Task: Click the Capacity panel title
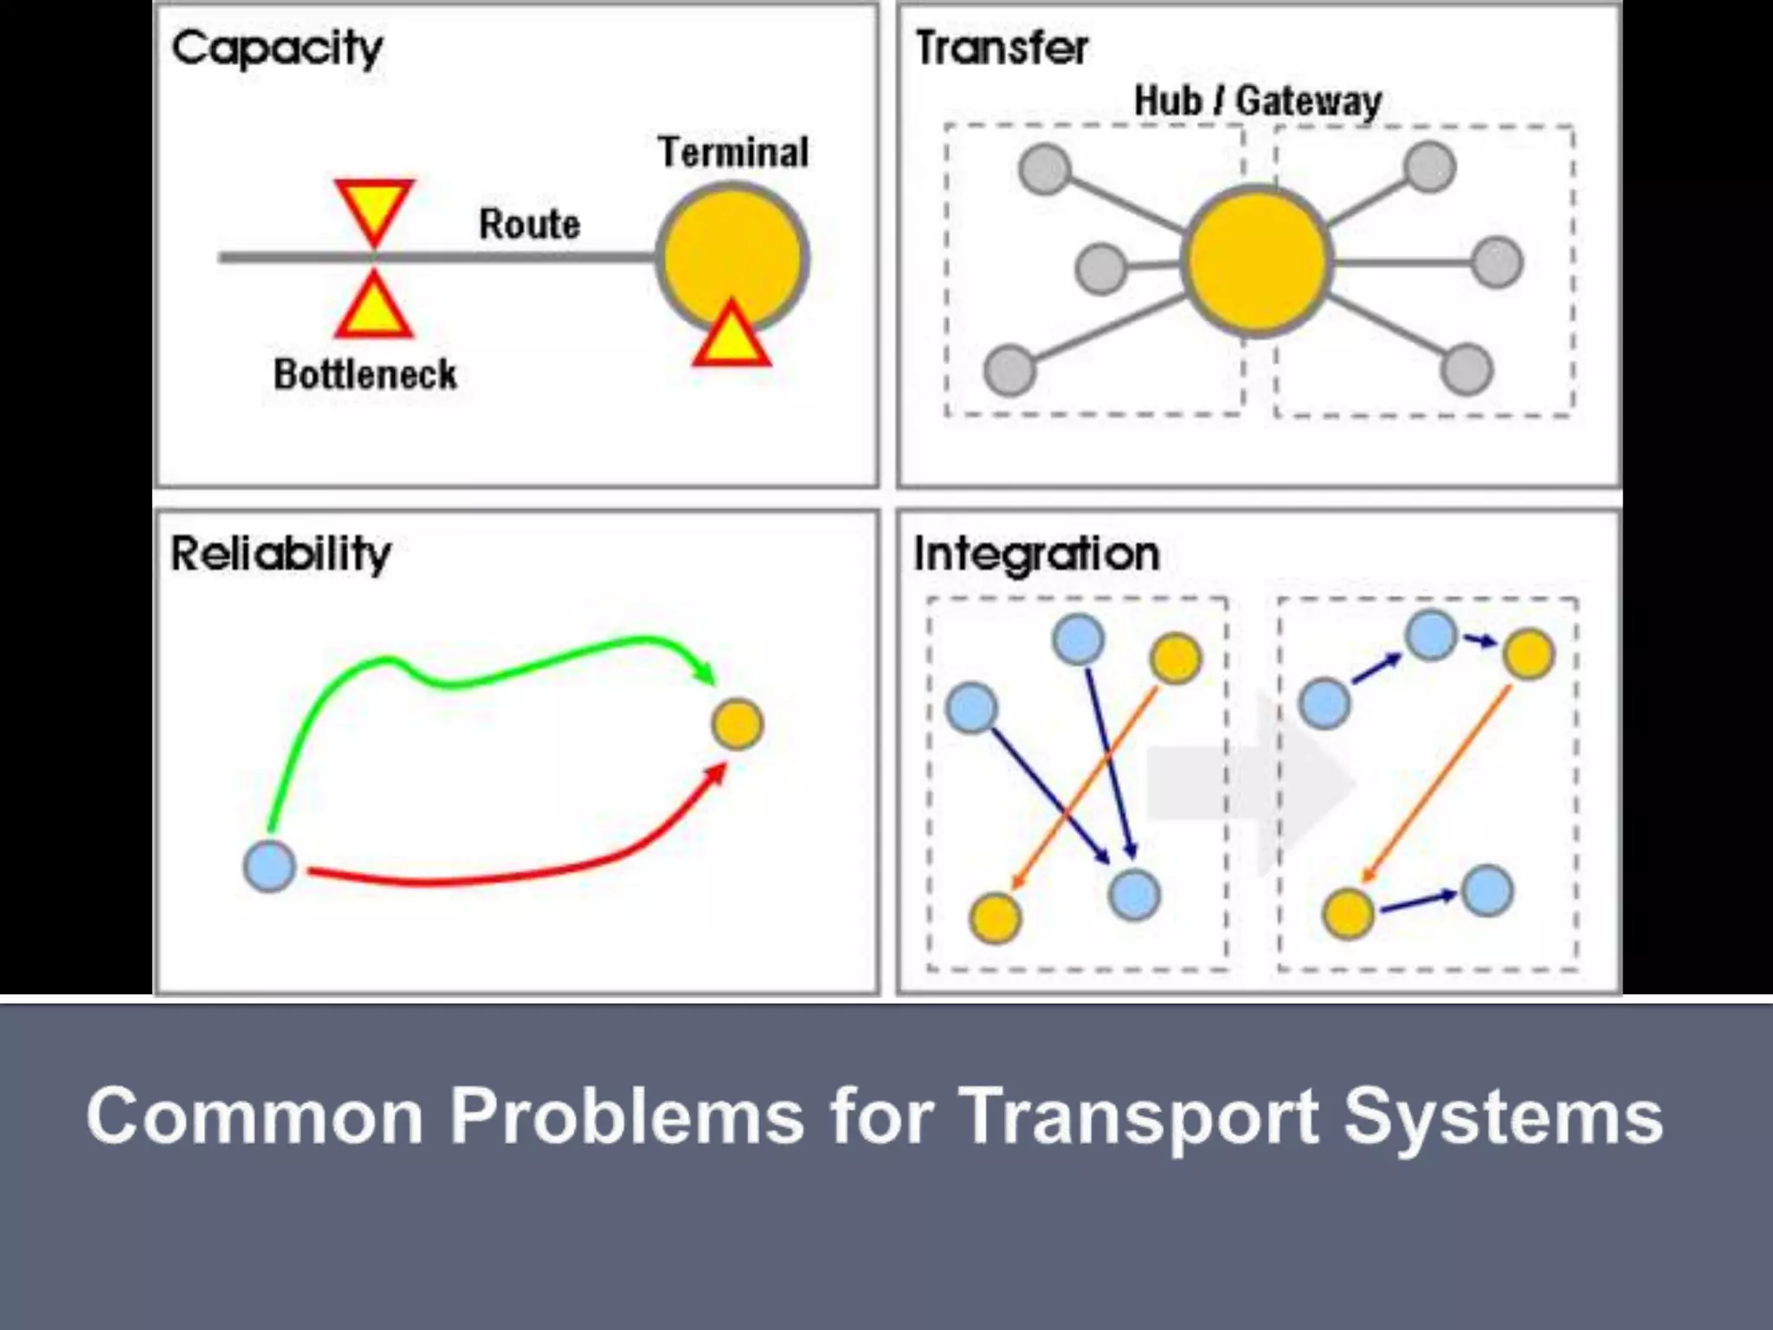click(277, 48)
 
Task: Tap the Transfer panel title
click(1002, 48)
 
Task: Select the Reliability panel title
click(280, 554)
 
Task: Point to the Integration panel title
click(1036, 554)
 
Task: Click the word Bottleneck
click(364, 375)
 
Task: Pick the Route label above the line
click(529, 224)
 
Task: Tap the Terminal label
click(733, 152)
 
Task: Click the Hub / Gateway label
click(1257, 101)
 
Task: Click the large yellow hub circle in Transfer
click(1256, 260)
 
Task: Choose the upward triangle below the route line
click(374, 308)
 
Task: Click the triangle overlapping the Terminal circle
click(732, 339)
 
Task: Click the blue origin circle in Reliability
click(269, 866)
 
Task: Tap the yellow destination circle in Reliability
click(737, 724)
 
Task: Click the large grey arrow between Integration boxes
click(1251, 784)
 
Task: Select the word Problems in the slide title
click(627, 1116)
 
